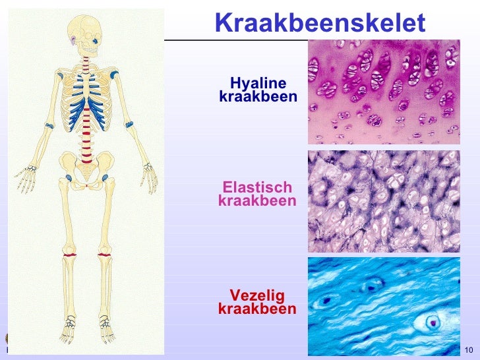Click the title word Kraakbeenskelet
pos(320,23)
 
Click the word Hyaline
pos(258,84)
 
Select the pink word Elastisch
pos(257,187)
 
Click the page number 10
pos(469,349)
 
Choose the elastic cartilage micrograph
pos(384,201)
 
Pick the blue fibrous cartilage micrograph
pos(384,306)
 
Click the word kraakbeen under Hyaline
pos(258,98)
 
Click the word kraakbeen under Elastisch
pos(257,200)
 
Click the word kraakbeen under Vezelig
pos(257,309)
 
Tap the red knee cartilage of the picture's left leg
pos(70,255)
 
